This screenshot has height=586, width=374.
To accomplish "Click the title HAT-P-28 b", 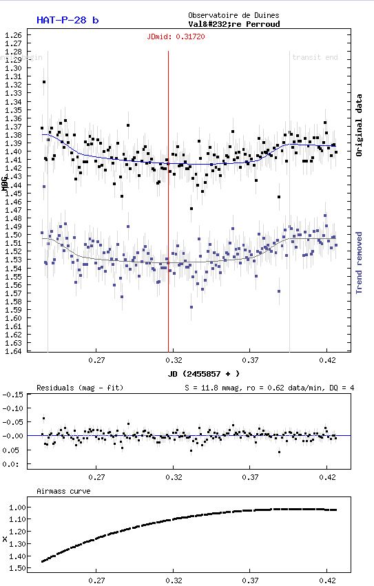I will [x=67, y=20].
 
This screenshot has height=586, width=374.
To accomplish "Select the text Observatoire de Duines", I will [x=233, y=15].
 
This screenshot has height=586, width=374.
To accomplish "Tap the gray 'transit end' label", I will [x=315, y=57].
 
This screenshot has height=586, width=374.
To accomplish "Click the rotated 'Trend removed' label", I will [x=359, y=262].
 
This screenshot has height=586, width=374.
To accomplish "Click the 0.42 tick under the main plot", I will [x=328, y=360].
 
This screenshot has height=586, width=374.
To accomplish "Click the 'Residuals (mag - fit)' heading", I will [x=79, y=388].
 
